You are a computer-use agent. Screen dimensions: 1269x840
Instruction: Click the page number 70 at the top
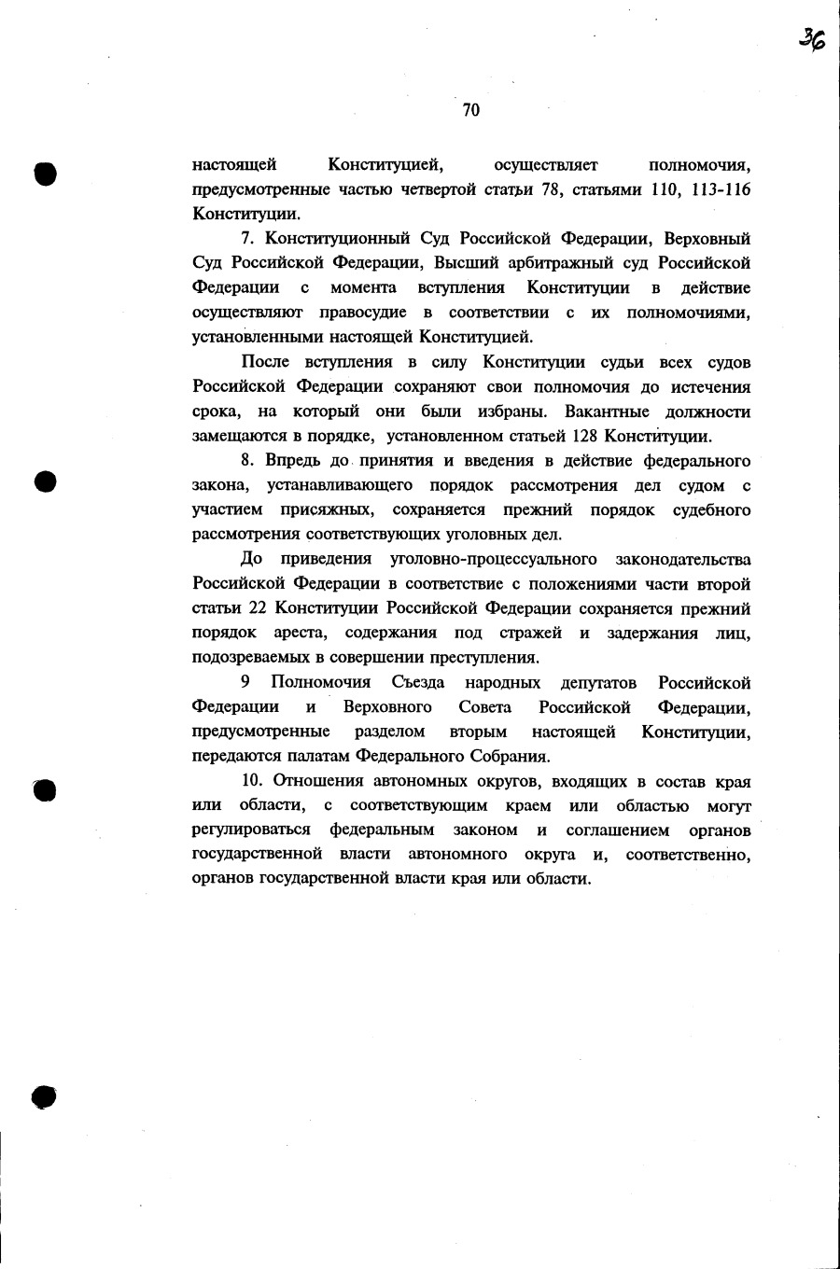pos(470,110)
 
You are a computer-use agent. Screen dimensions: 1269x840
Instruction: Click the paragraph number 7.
pos(246,239)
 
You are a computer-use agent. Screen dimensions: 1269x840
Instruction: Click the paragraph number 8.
pos(246,461)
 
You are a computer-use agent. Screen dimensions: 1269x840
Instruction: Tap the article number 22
pos(258,608)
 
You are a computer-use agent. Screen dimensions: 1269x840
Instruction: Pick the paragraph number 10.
pos(252,781)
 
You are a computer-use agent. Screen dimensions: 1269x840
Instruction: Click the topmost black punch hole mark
pos(44,174)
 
